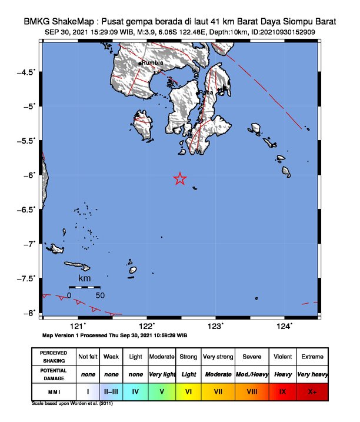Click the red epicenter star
pyautogui.click(x=180, y=179)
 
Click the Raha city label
pyautogui.click(x=206, y=92)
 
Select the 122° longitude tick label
pyautogui.click(x=146, y=325)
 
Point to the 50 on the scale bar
pyautogui.click(x=100, y=295)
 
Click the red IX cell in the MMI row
pyautogui.click(x=283, y=391)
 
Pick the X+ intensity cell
pyautogui.click(x=312, y=391)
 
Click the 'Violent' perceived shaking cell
pyautogui.click(x=283, y=357)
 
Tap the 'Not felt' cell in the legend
pyautogui.click(x=88, y=357)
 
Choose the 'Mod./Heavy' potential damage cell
pyautogui.click(x=252, y=374)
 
